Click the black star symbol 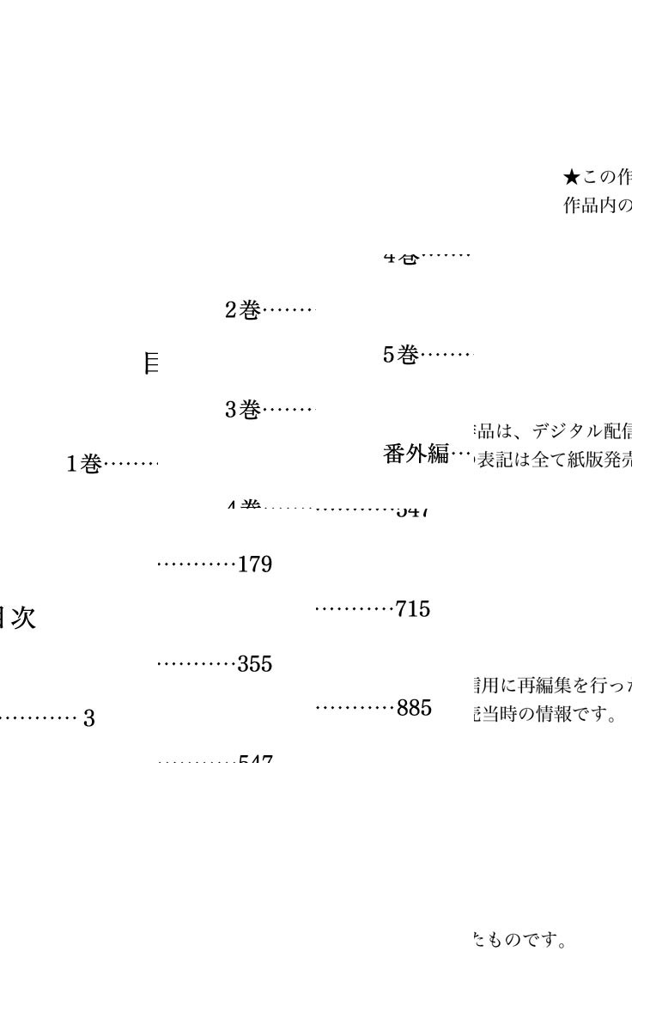572,177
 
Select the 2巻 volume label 242,311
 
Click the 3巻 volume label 242,411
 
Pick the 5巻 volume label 400,355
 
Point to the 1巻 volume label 84,465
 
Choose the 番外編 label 416,454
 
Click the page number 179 255,565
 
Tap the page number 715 413,610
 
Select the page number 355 255,665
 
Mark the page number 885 413,710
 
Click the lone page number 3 88,719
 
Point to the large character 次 21,619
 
